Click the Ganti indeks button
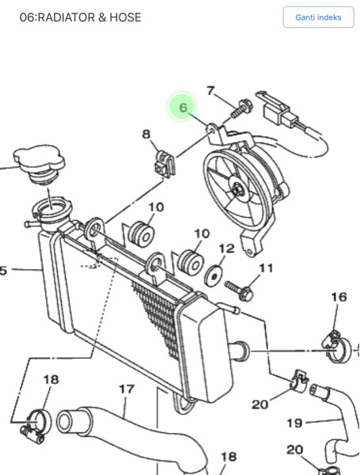318,17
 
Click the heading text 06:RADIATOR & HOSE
80,17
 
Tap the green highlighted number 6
184,107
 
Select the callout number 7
210,90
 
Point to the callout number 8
146,134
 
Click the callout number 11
266,268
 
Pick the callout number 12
227,249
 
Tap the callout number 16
339,297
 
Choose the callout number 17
127,389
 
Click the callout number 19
294,423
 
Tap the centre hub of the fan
237,190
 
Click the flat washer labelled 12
214,276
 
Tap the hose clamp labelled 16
336,347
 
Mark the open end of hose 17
67,422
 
